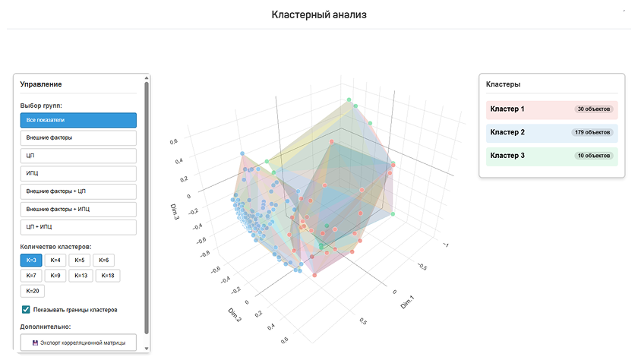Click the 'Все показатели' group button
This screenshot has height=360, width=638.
(x=78, y=120)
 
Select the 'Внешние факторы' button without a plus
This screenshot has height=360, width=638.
(x=78, y=138)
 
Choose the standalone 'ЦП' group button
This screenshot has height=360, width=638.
(x=78, y=156)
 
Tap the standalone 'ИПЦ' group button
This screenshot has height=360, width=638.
(x=78, y=173)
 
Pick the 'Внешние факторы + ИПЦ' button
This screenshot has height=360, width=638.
(x=78, y=209)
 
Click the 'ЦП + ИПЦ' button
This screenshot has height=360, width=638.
(x=78, y=227)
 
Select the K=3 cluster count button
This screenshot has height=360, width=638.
(x=31, y=261)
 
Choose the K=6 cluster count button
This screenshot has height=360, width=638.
(x=104, y=261)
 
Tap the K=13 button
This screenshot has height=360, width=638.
(x=81, y=276)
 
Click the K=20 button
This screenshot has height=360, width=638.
(x=33, y=291)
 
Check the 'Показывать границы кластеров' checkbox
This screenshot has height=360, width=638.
(x=26, y=310)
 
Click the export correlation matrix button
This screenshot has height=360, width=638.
(x=78, y=343)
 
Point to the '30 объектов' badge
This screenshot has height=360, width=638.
(x=594, y=109)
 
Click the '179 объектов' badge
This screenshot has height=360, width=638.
(x=592, y=132)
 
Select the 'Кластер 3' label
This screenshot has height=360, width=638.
(x=507, y=156)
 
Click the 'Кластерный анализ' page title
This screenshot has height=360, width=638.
(x=319, y=14)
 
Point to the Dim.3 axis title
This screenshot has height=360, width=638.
(x=175, y=212)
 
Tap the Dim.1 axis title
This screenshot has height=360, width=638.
(x=407, y=302)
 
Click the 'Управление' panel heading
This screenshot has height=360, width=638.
(x=41, y=84)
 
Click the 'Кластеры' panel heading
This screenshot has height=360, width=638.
(x=503, y=84)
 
